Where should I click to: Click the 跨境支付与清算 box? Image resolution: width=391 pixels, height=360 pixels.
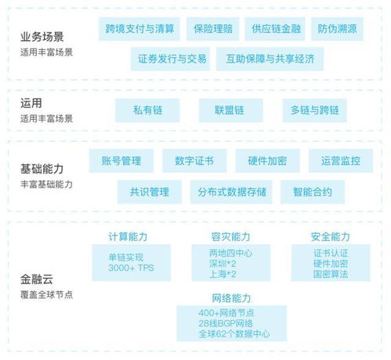click(x=139, y=29)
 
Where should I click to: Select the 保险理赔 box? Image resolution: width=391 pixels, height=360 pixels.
click(x=213, y=29)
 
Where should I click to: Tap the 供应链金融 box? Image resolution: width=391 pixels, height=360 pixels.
click(x=275, y=29)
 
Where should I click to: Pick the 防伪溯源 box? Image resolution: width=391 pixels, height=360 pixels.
click(x=337, y=29)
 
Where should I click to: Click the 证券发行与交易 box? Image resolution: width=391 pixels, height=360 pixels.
click(x=170, y=59)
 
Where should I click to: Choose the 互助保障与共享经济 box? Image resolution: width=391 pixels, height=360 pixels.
click(x=270, y=59)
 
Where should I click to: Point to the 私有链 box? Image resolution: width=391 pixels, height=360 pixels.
click(x=147, y=110)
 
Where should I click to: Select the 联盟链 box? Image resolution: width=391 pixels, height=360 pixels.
click(x=231, y=110)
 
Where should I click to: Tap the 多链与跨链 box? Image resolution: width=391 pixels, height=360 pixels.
click(x=315, y=110)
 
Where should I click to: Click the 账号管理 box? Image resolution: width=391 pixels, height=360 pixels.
click(x=121, y=160)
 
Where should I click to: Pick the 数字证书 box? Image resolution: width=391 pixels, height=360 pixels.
click(x=194, y=160)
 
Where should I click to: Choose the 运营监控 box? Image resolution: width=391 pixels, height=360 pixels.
click(x=341, y=160)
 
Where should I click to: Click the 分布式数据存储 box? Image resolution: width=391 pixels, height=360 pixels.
click(x=231, y=192)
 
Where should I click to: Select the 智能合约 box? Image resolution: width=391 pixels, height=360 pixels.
click(x=313, y=192)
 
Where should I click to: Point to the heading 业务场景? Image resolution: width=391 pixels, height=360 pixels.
click(x=42, y=37)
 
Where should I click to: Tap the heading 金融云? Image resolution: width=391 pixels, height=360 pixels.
click(x=37, y=279)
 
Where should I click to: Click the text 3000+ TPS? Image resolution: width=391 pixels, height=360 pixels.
click(x=131, y=268)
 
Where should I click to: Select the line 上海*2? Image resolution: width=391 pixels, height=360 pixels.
click(x=223, y=274)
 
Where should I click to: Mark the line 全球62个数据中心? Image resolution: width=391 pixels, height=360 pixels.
click(x=234, y=334)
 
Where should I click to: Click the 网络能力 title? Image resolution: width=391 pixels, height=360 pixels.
click(x=231, y=298)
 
